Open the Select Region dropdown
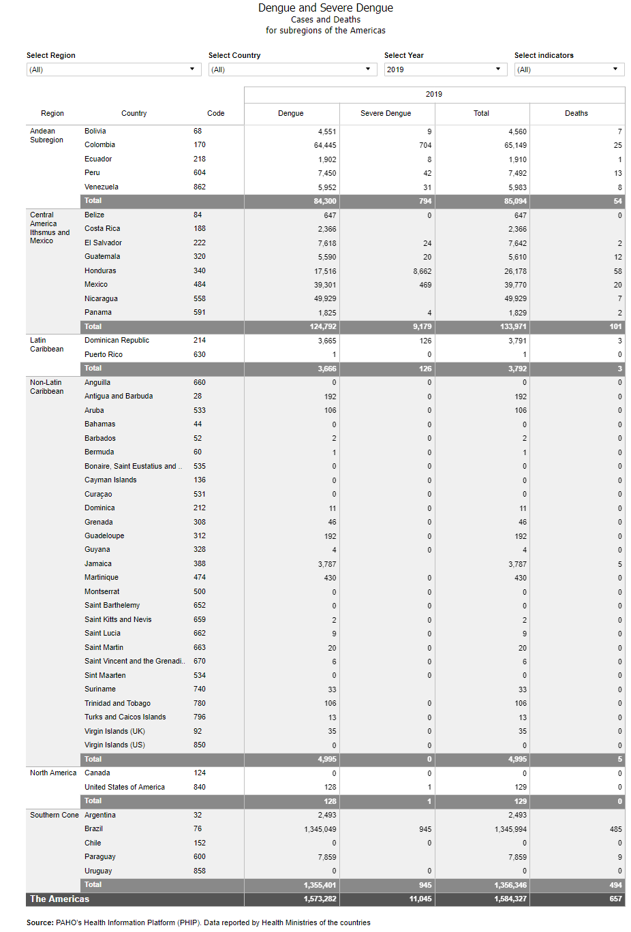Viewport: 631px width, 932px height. pyautogui.click(x=113, y=69)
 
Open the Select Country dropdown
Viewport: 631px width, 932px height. pyautogui.click(x=292, y=69)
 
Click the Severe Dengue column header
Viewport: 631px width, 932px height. pyautogui.click(x=386, y=114)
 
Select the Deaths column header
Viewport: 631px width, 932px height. pyautogui.click(x=576, y=114)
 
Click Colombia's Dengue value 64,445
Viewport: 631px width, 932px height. pyautogui.click(x=325, y=145)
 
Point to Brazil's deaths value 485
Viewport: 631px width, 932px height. pyautogui.click(x=615, y=829)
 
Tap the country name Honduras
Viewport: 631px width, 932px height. pyautogui.click(x=100, y=270)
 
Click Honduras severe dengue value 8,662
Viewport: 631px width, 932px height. pyautogui.click(x=422, y=271)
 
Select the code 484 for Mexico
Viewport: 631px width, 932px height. pyautogui.click(x=199, y=284)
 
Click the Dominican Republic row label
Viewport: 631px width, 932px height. pyautogui.click(x=117, y=340)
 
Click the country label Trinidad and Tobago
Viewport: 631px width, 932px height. pyautogui.click(x=117, y=703)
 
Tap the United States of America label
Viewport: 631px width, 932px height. pyautogui.click(x=125, y=787)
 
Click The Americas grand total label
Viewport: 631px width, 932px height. pyautogui.click(x=59, y=899)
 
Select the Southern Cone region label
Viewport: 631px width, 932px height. pyautogui.click(x=54, y=815)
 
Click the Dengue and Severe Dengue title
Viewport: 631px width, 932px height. pyautogui.click(x=325, y=8)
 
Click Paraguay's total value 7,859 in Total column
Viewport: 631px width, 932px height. pyautogui.click(x=517, y=857)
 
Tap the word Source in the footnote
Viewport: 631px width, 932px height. pyautogui.click(x=40, y=922)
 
